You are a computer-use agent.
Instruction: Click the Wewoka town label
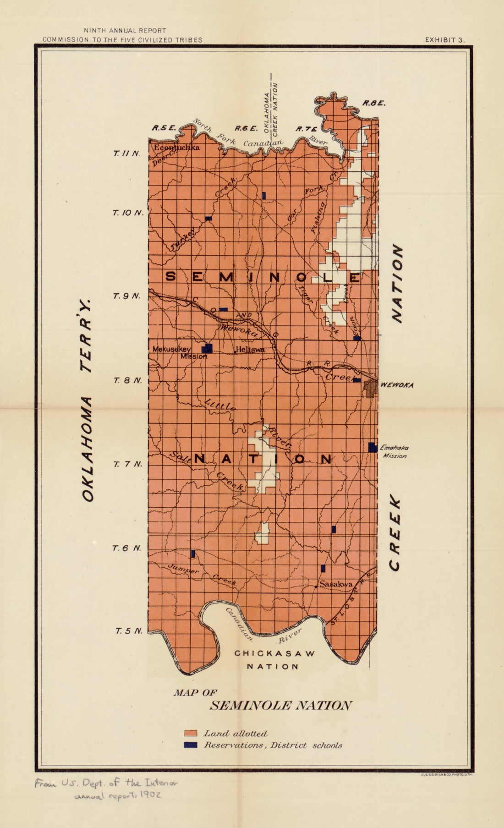click(x=397, y=385)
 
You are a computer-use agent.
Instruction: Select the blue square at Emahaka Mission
click(x=373, y=447)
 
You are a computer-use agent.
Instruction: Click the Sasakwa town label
click(x=336, y=584)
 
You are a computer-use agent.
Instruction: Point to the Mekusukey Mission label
click(x=178, y=352)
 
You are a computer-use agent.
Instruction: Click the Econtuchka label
click(x=176, y=148)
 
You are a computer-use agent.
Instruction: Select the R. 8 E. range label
click(x=374, y=103)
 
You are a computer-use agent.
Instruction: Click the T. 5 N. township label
click(x=128, y=631)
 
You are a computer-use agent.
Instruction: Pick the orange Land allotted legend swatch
click(x=190, y=734)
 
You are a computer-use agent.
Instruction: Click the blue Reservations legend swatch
click(x=190, y=745)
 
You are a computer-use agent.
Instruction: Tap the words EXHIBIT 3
click(x=445, y=40)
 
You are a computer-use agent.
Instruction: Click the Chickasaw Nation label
click(x=275, y=659)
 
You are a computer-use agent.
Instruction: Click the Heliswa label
click(x=250, y=350)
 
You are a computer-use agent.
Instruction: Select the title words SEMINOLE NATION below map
click(x=280, y=706)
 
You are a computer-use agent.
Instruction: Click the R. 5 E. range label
click(x=165, y=129)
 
